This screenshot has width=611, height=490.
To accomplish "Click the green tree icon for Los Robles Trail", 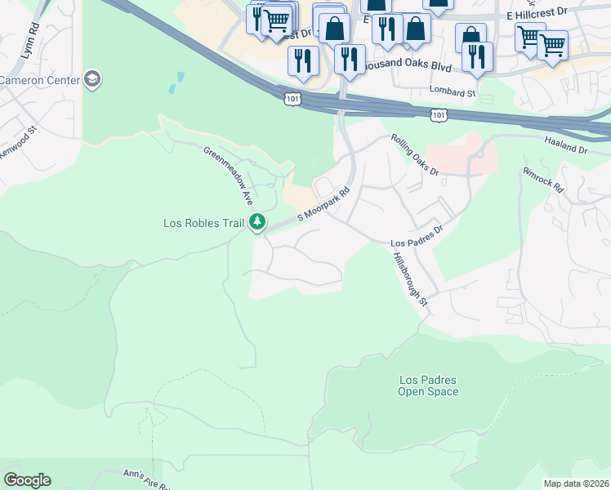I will coord(257,222).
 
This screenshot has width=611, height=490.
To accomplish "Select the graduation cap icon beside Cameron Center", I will coord(92,79).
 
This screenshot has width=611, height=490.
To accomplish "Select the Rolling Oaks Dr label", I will coord(415,155).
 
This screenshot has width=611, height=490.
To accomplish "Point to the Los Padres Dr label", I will coord(416,243).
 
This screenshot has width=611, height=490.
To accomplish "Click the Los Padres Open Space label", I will coord(428,385).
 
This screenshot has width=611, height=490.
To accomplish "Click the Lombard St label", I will coord(453,93).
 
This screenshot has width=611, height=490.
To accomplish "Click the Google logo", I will coord(27,480).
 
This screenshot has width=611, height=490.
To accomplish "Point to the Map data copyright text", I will coord(576,483).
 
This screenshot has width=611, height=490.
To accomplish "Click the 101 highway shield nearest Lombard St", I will coord(439,116).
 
